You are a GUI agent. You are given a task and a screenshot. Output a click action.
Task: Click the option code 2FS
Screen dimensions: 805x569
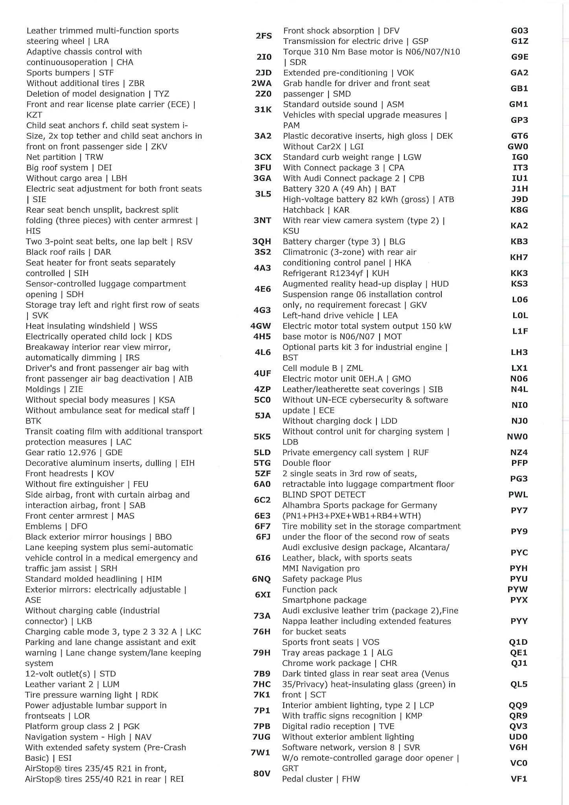pos(264,36)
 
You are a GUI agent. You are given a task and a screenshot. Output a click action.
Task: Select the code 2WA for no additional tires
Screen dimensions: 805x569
pos(261,83)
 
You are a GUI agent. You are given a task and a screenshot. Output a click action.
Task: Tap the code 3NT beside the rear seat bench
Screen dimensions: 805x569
pos(262,220)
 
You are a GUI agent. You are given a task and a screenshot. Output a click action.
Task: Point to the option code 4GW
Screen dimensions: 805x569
pos(261,326)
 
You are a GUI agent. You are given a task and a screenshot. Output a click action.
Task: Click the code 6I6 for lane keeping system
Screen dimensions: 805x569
pos(263,558)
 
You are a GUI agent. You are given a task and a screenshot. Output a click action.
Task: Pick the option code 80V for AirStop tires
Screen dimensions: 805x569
pos(262,774)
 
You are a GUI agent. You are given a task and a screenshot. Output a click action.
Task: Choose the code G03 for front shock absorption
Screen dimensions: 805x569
pos(519,31)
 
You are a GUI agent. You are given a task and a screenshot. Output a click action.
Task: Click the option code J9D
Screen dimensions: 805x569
pos(519,199)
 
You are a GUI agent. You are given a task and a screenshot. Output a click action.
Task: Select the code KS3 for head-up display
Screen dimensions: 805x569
pos(519,284)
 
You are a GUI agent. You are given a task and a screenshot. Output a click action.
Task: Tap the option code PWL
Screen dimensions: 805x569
pos(518,494)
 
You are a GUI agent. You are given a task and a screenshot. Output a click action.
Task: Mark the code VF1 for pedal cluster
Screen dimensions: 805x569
pos(519,779)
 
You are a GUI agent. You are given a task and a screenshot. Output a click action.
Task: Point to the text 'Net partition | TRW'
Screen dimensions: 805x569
pos(65,157)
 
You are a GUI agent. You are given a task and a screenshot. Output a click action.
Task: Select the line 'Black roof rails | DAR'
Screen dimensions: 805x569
pos(68,252)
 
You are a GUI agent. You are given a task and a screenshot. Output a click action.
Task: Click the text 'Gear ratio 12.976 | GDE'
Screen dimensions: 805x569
pos(74,452)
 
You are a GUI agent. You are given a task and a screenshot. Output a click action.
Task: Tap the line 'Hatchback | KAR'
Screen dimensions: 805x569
pos(316,210)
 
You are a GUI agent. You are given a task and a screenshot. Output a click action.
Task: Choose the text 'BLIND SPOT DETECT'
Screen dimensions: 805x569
pos(324,494)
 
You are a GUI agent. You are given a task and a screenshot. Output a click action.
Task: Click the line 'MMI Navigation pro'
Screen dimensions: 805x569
pos(321,568)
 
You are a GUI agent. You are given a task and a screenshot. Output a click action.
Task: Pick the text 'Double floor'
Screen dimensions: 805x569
pos(307,463)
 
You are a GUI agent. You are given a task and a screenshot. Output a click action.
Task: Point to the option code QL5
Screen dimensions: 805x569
pos(519,684)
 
